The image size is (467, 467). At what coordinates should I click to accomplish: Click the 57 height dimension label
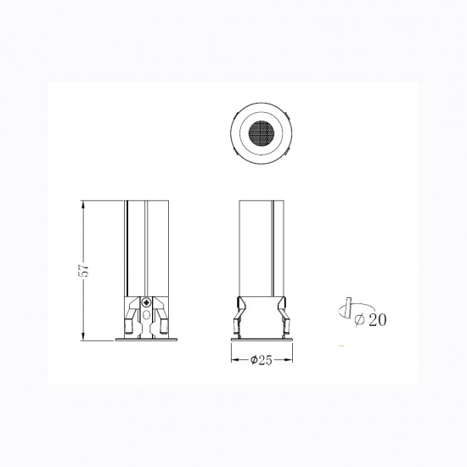coord(85,270)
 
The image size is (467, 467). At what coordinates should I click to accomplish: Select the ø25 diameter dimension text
coord(262,360)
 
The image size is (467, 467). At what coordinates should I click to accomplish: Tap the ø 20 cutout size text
coord(370,320)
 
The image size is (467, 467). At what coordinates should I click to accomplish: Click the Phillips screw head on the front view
coord(146,303)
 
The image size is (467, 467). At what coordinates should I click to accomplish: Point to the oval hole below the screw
coord(146,315)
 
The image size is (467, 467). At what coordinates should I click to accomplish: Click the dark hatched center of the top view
coord(262,133)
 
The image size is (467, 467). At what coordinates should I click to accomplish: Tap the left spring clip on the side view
coord(239,316)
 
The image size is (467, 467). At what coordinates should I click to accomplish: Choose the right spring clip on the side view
coord(284,316)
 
